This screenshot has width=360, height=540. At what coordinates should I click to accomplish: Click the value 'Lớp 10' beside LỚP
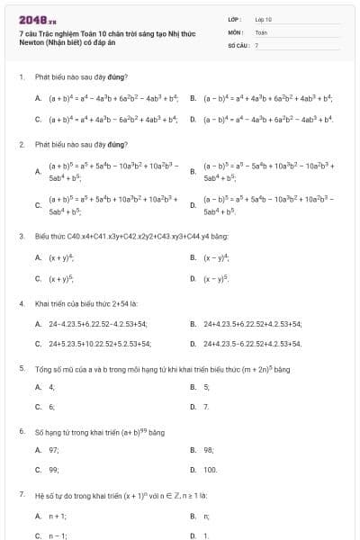click(x=264, y=18)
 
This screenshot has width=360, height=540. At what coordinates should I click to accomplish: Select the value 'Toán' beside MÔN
click(x=261, y=31)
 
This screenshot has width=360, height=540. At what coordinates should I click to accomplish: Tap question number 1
click(x=21, y=76)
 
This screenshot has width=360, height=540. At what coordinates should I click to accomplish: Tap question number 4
click(x=21, y=303)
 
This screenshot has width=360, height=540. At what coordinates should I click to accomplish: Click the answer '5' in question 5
click(x=207, y=387)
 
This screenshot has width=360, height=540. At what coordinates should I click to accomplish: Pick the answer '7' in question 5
click(x=207, y=407)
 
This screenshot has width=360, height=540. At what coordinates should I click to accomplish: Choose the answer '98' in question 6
click(x=209, y=449)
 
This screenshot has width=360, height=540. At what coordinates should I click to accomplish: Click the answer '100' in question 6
click(x=211, y=470)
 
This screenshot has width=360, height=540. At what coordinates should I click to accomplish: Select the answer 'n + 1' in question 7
click(x=58, y=516)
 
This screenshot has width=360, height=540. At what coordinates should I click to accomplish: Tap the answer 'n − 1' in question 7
click(x=58, y=535)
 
